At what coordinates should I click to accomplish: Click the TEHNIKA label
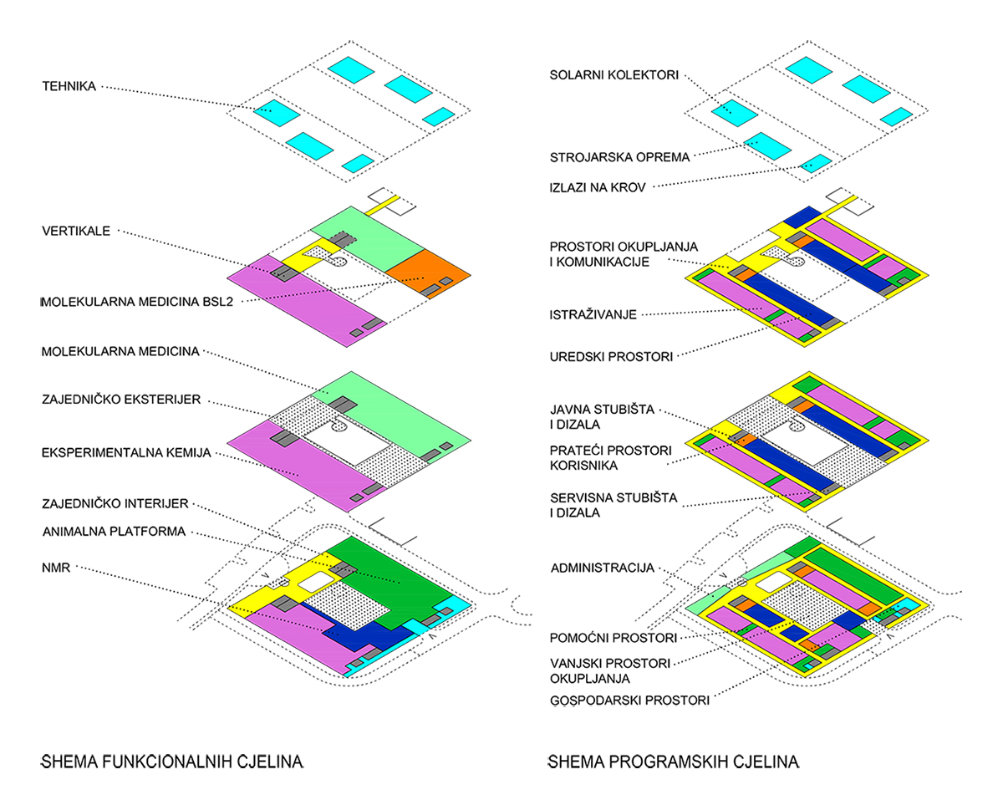(x=69, y=86)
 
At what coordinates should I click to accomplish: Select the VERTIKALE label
(x=76, y=231)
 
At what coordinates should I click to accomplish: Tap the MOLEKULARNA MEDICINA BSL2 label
(x=137, y=302)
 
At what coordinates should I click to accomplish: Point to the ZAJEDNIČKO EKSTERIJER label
(x=121, y=399)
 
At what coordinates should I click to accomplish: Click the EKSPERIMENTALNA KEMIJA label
(x=126, y=452)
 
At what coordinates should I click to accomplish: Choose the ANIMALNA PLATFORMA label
(x=115, y=531)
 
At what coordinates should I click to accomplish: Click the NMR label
(x=56, y=568)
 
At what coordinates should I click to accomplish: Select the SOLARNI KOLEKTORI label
(x=614, y=75)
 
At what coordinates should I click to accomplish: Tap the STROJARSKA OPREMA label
(x=619, y=157)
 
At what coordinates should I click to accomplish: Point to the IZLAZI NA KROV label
(x=598, y=187)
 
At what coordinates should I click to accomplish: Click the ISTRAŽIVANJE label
(x=593, y=314)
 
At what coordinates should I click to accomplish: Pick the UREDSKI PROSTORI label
(x=611, y=357)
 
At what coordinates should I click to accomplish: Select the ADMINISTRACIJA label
(x=603, y=568)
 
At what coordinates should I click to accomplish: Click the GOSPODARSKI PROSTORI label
(x=629, y=701)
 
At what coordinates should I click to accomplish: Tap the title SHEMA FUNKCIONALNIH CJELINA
(x=172, y=762)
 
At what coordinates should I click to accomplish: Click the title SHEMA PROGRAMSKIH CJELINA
(x=674, y=762)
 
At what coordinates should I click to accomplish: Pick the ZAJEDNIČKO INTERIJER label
(x=115, y=503)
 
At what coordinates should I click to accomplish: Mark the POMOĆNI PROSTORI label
(x=614, y=638)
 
